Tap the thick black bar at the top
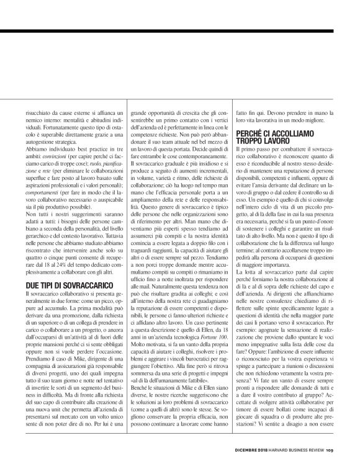[x=180, y=30]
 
